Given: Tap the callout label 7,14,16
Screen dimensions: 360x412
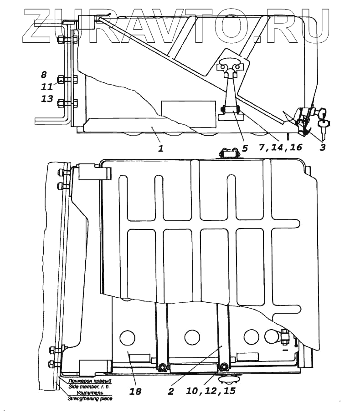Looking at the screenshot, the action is pyautogui.click(x=278, y=148).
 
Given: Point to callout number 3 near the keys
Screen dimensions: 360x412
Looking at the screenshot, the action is pyautogui.click(x=322, y=148).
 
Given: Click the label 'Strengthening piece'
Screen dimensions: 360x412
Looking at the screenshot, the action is pyautogui.click(x=89, y=398).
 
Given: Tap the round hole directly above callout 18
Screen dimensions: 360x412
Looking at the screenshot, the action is pyautogui.click(x=127, y=337).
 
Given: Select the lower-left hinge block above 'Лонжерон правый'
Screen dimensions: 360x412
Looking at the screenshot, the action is pyautogui.click(x=95, y=366).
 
